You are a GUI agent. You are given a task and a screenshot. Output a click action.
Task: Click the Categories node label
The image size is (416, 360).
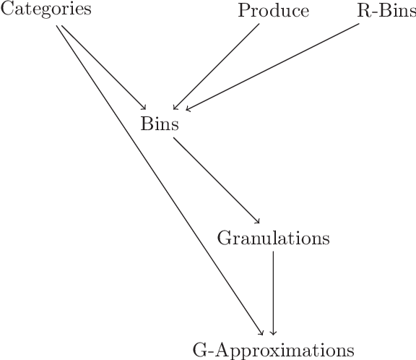coord(35,10)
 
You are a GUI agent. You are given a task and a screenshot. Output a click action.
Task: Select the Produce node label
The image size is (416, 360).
coord(274,11)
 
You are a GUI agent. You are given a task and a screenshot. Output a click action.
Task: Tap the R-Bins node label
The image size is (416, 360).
coord(386,11)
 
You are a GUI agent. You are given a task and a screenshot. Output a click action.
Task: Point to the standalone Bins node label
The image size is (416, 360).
coord(160,124)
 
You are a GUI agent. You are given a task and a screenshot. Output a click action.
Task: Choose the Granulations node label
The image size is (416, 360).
coord(273,238)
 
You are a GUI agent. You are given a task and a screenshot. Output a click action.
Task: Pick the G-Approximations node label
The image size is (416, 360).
coord(274,350)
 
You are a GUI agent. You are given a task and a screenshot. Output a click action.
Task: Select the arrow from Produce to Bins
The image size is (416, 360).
coord(217,67)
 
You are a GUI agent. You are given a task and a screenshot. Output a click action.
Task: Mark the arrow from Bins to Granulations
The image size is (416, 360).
coord(217,179)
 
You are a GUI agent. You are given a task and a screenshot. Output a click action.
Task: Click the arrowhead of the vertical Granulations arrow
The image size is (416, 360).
coord(273,333)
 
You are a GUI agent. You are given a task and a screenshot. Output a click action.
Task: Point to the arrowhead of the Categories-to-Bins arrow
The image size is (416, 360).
coord(144,106)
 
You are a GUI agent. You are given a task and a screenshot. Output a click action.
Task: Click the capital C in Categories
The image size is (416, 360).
coord(6,10)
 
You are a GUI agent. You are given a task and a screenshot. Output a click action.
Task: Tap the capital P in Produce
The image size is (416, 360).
coord(243,11)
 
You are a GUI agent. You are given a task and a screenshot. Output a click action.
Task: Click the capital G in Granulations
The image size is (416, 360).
coord(222,238)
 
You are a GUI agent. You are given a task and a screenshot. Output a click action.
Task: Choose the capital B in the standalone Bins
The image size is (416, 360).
coord(146,124)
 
